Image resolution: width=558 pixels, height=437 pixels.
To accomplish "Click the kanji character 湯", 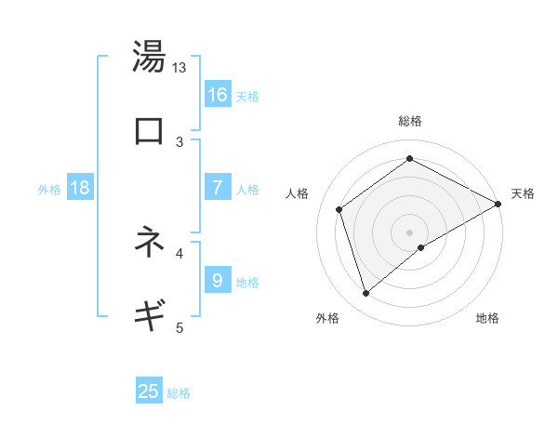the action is tap(149, 57).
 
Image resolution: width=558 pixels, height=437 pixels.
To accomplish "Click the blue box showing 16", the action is tap(218, 94).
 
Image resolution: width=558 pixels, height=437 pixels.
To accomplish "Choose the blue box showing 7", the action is tap(218, 188).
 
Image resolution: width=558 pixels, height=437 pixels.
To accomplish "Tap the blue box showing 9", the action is tap(218, 280).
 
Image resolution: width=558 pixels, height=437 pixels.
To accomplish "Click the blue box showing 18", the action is tap(80, 188).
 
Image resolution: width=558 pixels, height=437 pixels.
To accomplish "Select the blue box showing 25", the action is tap(149, 391).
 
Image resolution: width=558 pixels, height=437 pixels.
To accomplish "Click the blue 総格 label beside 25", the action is tap(179, 393).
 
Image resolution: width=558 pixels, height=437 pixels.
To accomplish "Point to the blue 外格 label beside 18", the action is tap(49, 190).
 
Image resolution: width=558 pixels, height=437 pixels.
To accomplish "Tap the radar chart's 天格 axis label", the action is tap(523, 193).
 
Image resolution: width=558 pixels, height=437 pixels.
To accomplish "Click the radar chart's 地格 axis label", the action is tap(487, 318).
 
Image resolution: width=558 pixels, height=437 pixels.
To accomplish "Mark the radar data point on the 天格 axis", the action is tap(498, 205).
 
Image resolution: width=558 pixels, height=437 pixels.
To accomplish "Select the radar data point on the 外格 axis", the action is tap(366, 294).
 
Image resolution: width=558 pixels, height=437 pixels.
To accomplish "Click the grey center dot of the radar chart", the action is tap(409, 232).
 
